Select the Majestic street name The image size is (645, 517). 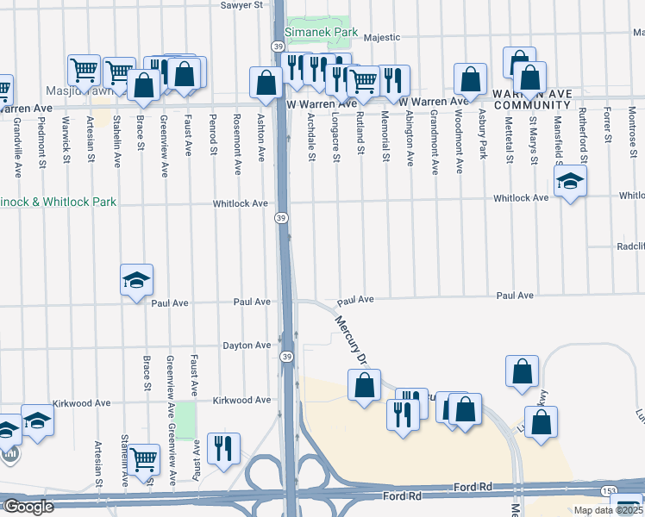[382, 37]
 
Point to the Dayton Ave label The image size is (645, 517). [247, 346]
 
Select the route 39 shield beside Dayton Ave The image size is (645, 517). [285, 357]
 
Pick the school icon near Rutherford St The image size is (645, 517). [569, 182]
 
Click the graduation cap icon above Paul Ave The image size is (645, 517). [136, 281]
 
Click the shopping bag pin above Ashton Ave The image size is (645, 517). [266, 84]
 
